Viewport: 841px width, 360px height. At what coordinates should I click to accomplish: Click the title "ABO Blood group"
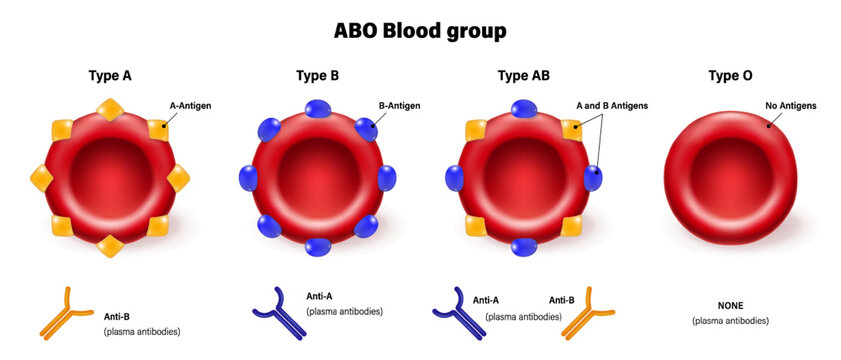(420, 31)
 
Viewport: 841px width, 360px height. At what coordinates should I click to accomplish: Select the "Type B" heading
(318, 75)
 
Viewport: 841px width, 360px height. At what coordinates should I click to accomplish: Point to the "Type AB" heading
(523, 75)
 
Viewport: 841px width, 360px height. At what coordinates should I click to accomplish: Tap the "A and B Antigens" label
(612, 103)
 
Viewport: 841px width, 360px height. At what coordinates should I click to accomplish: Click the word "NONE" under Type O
(730, 305)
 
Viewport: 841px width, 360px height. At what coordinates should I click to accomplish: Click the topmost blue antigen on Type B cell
(318, 108)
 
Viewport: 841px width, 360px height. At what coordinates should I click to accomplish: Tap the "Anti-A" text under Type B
(321, 296)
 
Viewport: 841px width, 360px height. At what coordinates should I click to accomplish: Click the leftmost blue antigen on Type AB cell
(454, 178)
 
